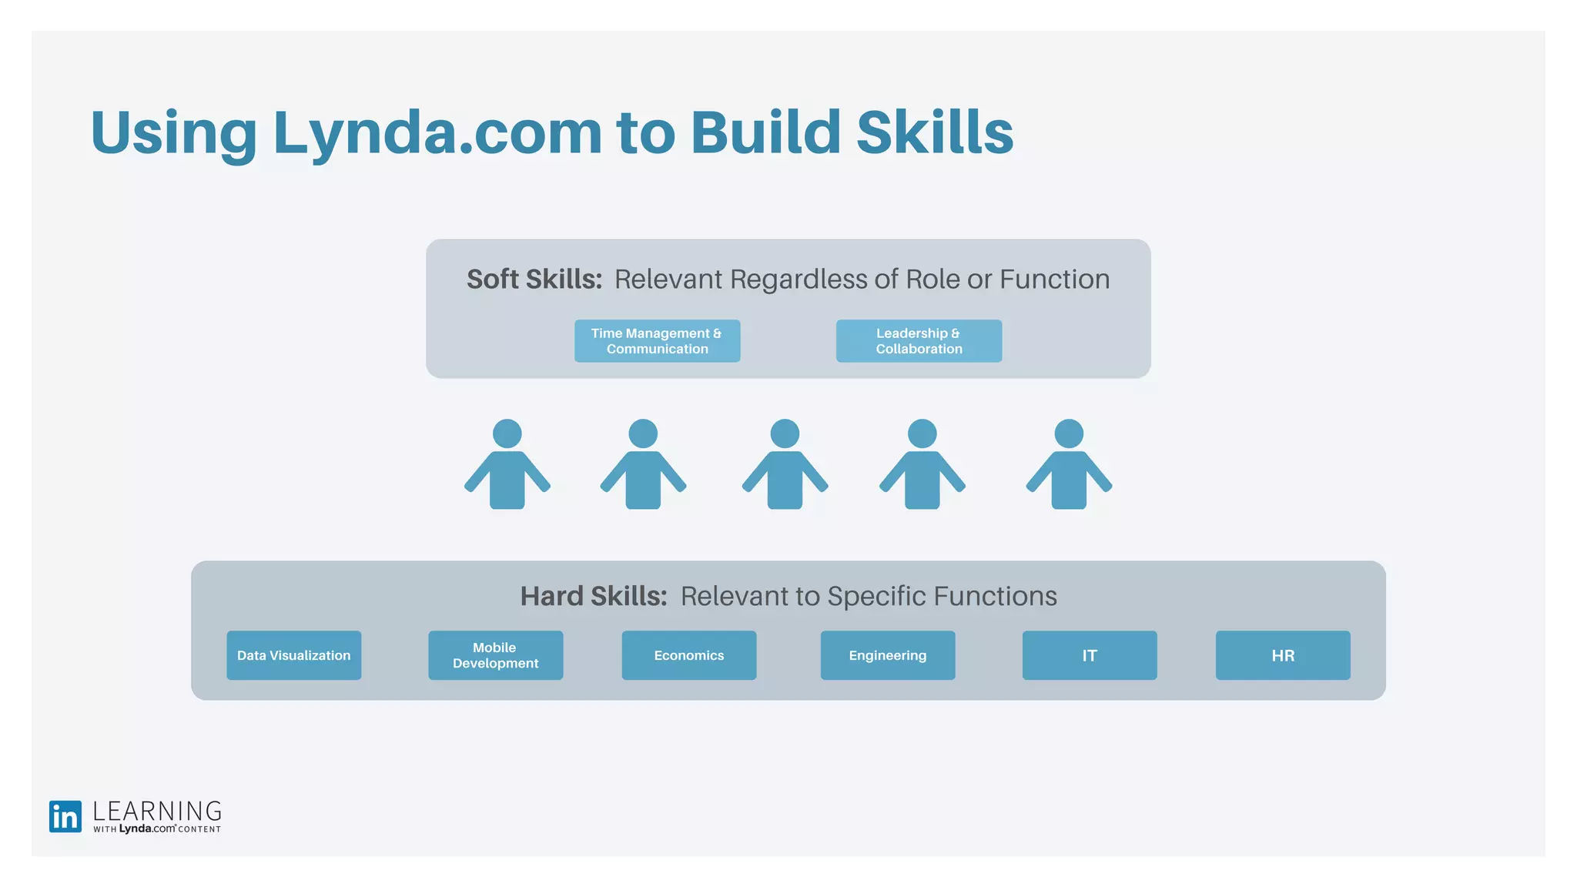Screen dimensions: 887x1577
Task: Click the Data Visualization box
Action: click(293, 655)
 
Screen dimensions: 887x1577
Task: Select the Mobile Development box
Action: click(495, 655)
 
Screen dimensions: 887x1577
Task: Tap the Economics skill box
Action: click(688, 655)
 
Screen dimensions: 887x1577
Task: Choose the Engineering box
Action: click(887, 655)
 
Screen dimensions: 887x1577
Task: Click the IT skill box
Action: click(1089, 655)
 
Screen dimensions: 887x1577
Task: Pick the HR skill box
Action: click(1282, 655)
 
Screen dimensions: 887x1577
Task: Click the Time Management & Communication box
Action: click(657, 341)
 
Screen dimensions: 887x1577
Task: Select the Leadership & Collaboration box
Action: click(919, 341)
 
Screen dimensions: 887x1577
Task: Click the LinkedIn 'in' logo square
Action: click(65, 816)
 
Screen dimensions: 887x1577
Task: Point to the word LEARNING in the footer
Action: click(157, 811)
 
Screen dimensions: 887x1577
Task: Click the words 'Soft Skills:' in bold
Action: click(534, 279)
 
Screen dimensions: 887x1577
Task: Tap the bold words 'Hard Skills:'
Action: click(593, 596)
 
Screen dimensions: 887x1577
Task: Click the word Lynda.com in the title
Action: click(437, 132)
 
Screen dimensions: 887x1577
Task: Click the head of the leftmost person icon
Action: click(507, 433)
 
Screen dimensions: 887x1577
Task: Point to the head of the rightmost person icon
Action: click(1069, 433)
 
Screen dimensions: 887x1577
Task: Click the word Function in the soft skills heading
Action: click(1054, 279)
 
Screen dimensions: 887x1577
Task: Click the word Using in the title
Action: click(173, 132)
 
